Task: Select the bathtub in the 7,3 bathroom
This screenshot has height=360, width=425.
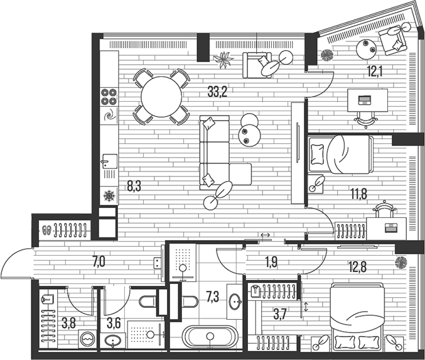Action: [x=210, y=337]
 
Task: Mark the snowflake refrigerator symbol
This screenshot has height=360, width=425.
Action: [x=109, y=196]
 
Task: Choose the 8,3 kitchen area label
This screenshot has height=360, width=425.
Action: [x=134, y=185]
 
